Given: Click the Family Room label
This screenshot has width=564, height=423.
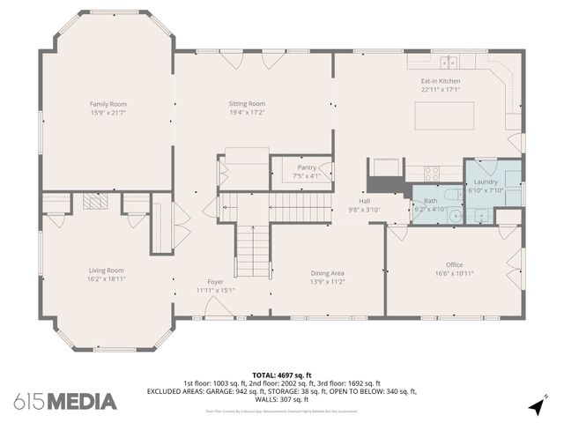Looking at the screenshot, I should [x=108, y=104].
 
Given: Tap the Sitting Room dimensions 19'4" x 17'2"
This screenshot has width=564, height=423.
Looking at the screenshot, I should [x=247, y=113].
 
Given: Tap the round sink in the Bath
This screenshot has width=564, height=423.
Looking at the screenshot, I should [x=455, y=214].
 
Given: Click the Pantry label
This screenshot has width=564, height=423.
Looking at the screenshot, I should [x=307, y=167].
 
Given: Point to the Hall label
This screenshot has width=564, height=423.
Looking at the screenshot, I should [x=363, y=201].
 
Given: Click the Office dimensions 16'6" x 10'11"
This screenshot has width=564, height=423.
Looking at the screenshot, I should [x=454, y=273].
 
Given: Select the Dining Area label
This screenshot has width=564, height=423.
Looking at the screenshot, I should [x=327, y=272].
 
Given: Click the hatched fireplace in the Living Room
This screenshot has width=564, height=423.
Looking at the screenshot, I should [x=94, y=202].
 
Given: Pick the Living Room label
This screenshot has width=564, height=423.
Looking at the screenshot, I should [x=106, y=270].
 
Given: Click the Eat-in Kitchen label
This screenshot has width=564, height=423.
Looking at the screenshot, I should [x=440, y=81].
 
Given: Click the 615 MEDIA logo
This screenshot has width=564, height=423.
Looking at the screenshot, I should [x=65, y=402].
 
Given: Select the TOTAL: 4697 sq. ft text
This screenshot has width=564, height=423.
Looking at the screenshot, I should [x=282, y=375].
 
